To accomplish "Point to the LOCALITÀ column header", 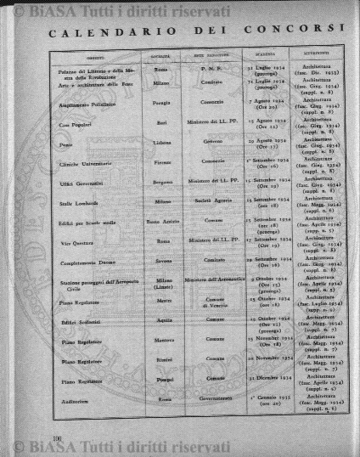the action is [161, 59].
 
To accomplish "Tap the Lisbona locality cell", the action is [163, 145].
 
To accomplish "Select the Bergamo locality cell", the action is [163, 182].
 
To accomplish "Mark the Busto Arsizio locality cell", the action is [163, 220].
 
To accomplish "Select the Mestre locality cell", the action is [163, 299].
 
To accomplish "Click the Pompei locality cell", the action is [163, 379].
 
